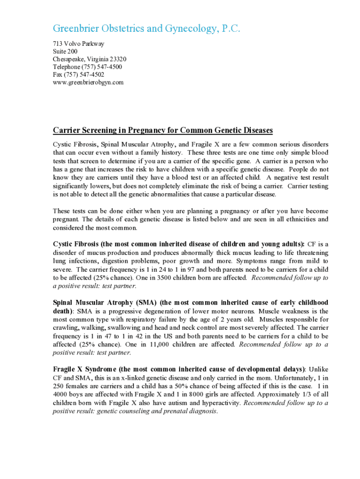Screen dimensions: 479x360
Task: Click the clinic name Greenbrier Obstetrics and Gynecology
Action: point(146,29)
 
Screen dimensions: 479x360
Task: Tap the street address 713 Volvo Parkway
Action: point(78,44)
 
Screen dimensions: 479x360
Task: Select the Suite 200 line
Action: point(65,51)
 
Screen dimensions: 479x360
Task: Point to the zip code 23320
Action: point(117,59)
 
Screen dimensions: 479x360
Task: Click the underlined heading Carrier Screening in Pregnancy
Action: point(163,130)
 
